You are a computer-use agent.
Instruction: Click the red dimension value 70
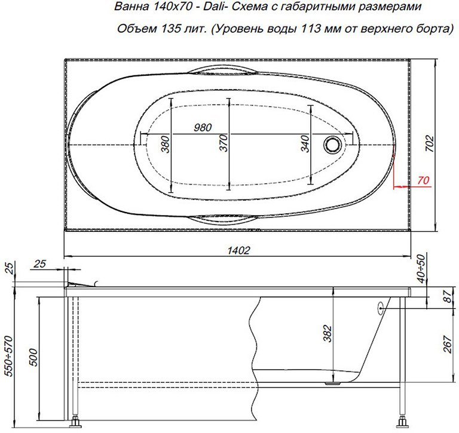[423, 180]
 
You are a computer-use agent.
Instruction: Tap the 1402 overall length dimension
[238, 250]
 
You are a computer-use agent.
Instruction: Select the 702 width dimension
[430, 144]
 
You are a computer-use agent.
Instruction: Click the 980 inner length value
[203, 128]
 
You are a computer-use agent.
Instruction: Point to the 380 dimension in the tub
[166, 145]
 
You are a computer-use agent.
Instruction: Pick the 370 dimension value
[224, 143]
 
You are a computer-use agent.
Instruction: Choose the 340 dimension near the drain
[305, 144]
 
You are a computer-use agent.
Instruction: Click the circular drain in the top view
[332, 145]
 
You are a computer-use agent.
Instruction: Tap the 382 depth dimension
[328, 333]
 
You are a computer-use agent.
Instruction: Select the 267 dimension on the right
[448, 345]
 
